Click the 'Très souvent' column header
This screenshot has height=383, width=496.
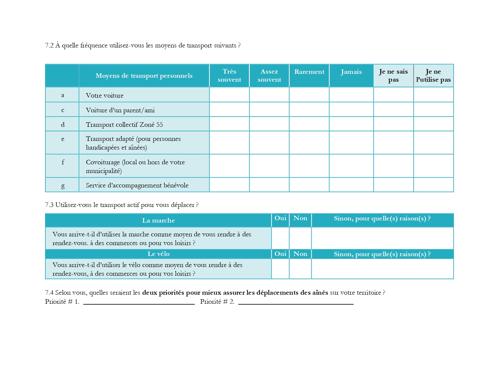pyautogui.click(x=229, y=75)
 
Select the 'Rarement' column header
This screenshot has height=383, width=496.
pyautogui.click(x=309, y=72)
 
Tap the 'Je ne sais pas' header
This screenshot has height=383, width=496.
pyautogui.click(x=393, y=75)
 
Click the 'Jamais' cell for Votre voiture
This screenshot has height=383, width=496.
pyautogui.click(x=351, y=95)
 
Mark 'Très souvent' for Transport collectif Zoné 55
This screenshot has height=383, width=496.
pyautogui.click(x=229, y=124)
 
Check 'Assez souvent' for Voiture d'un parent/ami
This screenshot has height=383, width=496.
pyautogui.click(x=269, y=110)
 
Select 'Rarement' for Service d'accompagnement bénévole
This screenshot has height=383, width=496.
pyautogui.click(x=309, y=185)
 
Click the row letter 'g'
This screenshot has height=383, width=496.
pyautogui.click(x=63, y=186)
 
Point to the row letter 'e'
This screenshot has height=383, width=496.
pyautogui.click(x=63, y=139)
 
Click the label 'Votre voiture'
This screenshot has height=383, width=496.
pyautogui.click(x=105, y=96)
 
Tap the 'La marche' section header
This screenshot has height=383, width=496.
pyautogui.click(x=158, y=220)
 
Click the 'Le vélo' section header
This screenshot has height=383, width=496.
pyautogui.click(x=158, y=254)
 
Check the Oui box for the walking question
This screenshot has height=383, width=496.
pyautogui.click(x=280, y=238)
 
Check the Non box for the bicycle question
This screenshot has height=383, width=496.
pyautogui.click(x=300, y=269)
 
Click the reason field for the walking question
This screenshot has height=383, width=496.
pyautogui.click(x=382, y=238)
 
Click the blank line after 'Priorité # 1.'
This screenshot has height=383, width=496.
pyautogui.click(x=139, y=301)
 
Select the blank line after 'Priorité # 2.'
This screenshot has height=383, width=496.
pyautogui.click(x=296, y=301)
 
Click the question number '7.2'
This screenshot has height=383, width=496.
pyautogui.click(x=49, y=45)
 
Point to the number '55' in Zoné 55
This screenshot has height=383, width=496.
pyautogui.click(x=160, y=125)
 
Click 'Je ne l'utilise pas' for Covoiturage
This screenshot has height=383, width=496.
pyautogui.click(x=433, y=166)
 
